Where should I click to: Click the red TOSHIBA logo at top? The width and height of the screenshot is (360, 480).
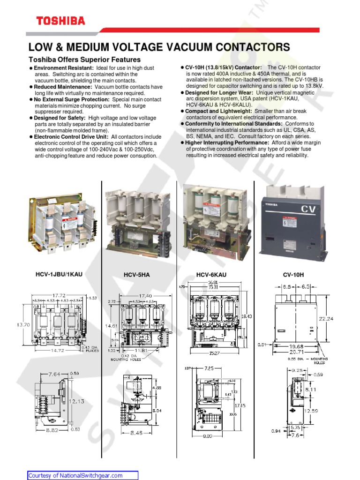click(x=61, y=21)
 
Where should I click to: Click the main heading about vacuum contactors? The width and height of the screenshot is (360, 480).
click(x=159, y=47)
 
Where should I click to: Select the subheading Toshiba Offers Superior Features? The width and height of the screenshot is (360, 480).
click(x=84, y=60)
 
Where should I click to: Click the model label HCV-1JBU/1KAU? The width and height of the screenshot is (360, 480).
click(x=59, y=274)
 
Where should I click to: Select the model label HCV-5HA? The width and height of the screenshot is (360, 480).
click(x=136, y=275)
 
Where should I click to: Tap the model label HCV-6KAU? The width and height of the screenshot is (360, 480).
click(x=211, y=275)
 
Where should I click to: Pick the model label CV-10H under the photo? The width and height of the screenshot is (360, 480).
click(x=293, y=275)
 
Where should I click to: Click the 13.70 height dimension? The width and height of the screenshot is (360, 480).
click(x=10, y=324)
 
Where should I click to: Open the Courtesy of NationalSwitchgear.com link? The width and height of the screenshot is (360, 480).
click(x=75, y=475)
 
